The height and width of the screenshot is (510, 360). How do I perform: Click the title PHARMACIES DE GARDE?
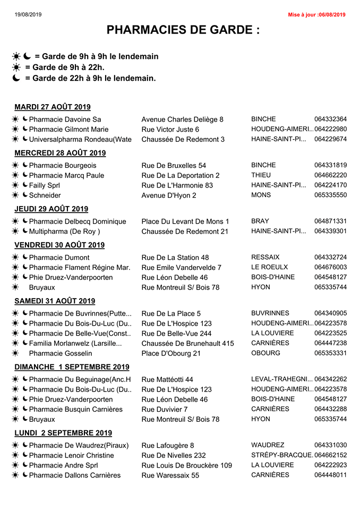coord(183,30)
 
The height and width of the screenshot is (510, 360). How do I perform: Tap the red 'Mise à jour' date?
coord(316,14)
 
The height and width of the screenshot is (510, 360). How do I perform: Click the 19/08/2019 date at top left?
coord(28,14)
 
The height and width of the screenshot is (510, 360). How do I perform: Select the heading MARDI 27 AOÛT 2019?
coord(53,107)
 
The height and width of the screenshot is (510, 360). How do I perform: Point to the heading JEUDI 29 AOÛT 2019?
coord(52,209)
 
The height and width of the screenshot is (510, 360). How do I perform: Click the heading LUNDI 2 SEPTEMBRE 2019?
coord(63,433)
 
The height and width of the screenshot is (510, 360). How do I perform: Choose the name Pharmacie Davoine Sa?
coord(65,120)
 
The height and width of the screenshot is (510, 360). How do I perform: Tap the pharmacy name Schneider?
coord(45,195)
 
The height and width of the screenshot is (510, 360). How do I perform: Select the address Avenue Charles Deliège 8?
coord(182,120)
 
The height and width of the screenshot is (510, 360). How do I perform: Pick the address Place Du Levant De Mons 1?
coord(185,222)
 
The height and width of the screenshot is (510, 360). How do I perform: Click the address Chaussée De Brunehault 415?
coord(187,344)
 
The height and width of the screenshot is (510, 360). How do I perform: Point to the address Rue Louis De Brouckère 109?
coord(186,466)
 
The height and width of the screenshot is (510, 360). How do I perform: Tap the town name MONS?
coord(261,195)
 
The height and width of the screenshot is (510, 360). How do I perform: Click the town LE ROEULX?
coord(270,267)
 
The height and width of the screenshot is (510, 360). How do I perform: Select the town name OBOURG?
coord(265,353)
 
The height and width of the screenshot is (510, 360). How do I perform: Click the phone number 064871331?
coord(330,222)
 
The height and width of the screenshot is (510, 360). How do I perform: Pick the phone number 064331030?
coord(330,445)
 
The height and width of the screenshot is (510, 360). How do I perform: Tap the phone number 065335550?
coord(330,195)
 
